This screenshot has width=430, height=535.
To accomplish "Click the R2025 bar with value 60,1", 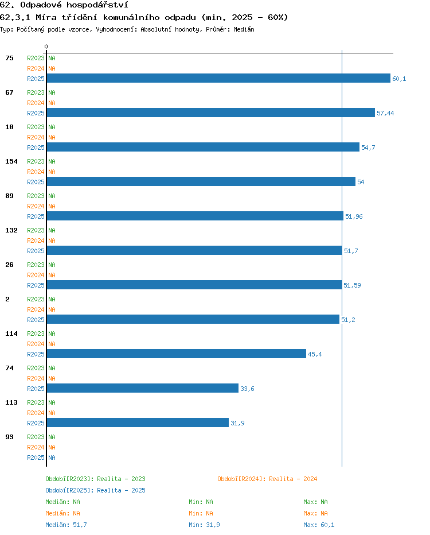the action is pyautogui.click(x=218, y=78).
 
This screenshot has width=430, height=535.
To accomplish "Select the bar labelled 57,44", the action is pyautogui.click(x=210, y=113).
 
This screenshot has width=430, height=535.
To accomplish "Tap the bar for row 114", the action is pyautogui.click(x=176, y=354).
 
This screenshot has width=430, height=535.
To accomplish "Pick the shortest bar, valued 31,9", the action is pyautogui.click(x=138, y=422).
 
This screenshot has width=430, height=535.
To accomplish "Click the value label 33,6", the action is pyautogui.click(x=247, y=389).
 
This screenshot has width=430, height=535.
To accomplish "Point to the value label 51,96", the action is pyautogui.click(x=354, y=216).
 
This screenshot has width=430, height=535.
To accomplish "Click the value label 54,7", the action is pyautogui.click(x=368, y=148).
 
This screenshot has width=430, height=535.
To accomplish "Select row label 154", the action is pyautogui.click(x=11, y=161).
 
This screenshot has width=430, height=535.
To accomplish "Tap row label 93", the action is pyautogui.click(x=9, y=437).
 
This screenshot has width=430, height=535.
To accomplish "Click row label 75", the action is pyautogui.click(x=9, y=58).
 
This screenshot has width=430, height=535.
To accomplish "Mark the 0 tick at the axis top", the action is pyautogui.click(x=46, y=46).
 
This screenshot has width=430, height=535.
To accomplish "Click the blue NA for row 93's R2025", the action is pyautogui.click(x=52, y=458).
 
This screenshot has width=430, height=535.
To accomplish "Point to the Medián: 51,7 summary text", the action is pyautogui.click(x=66, y=525).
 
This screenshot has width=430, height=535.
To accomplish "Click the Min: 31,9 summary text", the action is pyautogui.click(x=205, y=525).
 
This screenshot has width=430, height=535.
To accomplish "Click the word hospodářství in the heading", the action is pyautogui.click(x=97, y=5).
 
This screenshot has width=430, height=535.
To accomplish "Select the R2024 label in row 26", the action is pyautogui.click(x=36, y=275).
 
